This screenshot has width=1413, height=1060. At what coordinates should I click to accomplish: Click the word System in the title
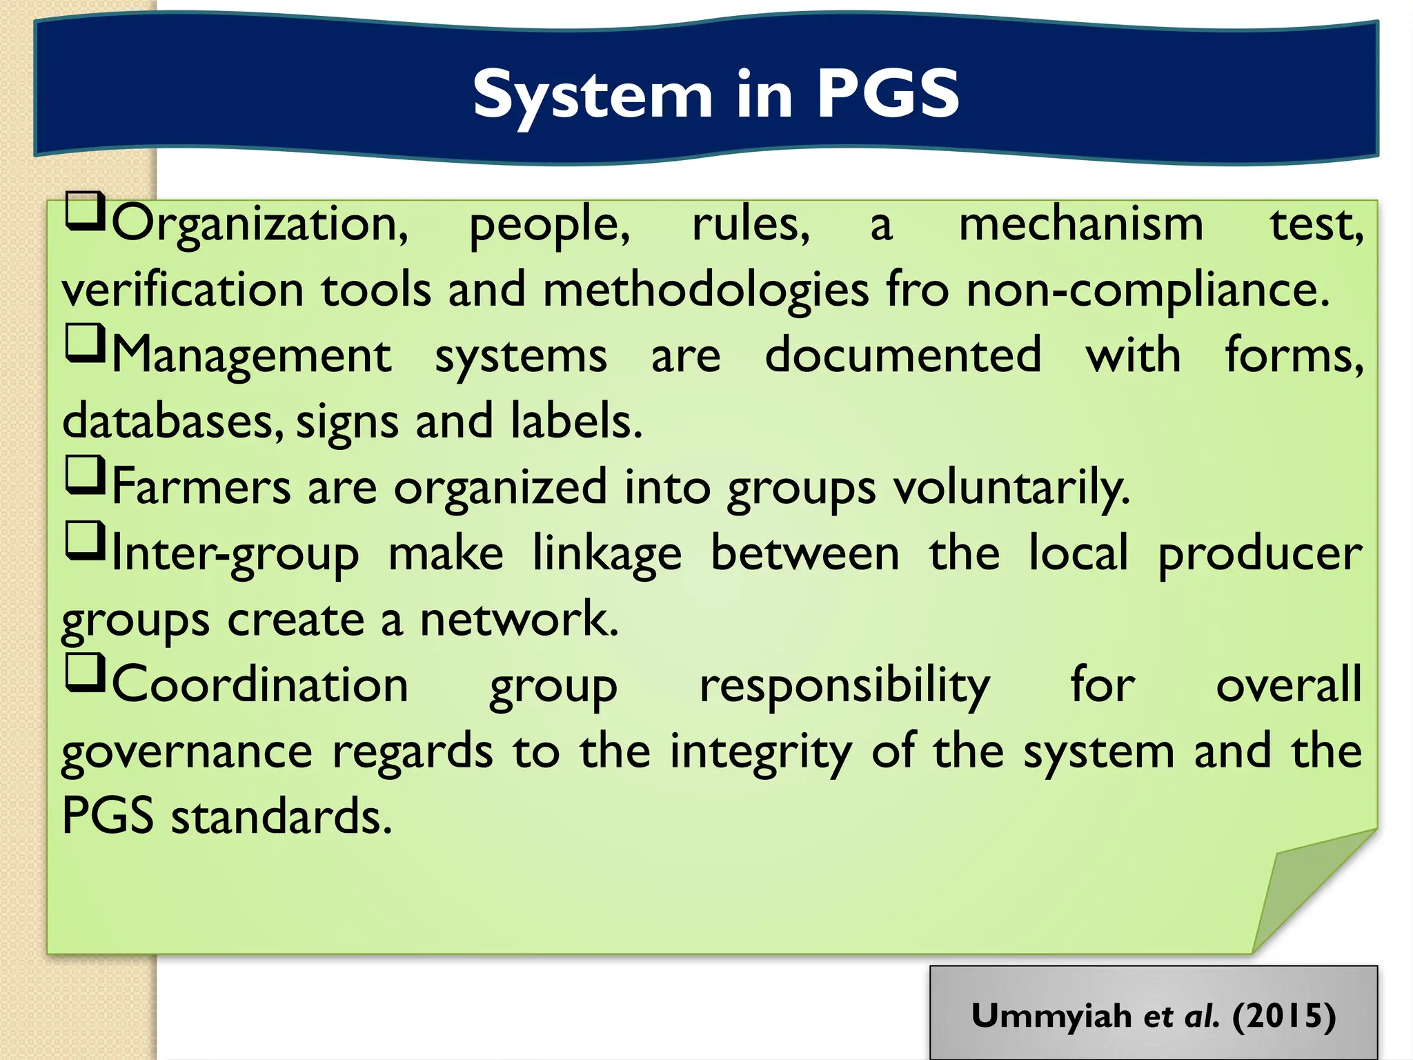pyautogui.click(x=592, y=95)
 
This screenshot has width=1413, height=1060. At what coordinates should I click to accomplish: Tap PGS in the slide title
pyautogui.click(x=888, y=94)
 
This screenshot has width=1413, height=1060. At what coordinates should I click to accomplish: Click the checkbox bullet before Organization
pyautogui.click(x=85, y=213)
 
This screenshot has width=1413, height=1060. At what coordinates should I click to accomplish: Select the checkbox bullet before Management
pyautogui.click(x=85, y=344)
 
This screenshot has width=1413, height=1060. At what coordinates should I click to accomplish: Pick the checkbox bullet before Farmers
pyautogui.click(x=85, y=475)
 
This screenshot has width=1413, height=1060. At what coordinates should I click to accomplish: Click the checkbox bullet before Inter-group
pyautogui.click(x=85, y=541)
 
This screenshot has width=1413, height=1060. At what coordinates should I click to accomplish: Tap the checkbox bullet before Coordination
pyautogui.click(x=85, y=673)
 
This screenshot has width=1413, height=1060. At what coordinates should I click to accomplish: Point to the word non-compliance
pyautogui.click(x=1147, y=291)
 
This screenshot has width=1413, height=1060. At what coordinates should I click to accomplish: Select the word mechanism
pyautogui.click(x=1080, y=225)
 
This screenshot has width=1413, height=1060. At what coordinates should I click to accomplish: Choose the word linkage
pyautogui.click(x=607, y=554)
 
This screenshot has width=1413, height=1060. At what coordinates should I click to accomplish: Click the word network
pyautogui.click(x=519, y=619)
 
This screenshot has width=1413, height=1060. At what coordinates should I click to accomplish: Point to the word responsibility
pyautogui.click(x=844, y=686)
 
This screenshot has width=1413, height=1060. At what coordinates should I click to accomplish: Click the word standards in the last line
pyautogui.click(x=281, y=816)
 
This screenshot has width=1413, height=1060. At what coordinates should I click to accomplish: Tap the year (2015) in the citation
pyautogui.click(x=1284, y=1015)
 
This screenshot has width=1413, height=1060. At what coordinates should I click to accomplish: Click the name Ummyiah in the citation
pyautogui.click(x=1051, y=1017)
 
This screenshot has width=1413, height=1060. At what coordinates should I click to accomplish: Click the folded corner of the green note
pyautogui.click(x=1297, y=890)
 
